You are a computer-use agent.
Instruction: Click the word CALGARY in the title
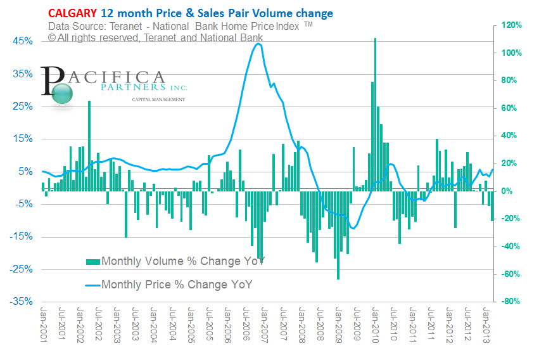[70, 13]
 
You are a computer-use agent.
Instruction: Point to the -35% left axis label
[22, 302]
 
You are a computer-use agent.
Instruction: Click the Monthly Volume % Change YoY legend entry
[174, 261]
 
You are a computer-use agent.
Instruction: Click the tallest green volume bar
[376, 39]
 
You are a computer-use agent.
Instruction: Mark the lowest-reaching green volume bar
[338, 278]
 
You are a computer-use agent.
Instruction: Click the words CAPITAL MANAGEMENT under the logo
[158, 100]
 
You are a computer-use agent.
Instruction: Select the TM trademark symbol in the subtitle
[308, 24]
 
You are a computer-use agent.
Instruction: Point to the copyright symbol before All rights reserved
[52, 37]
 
